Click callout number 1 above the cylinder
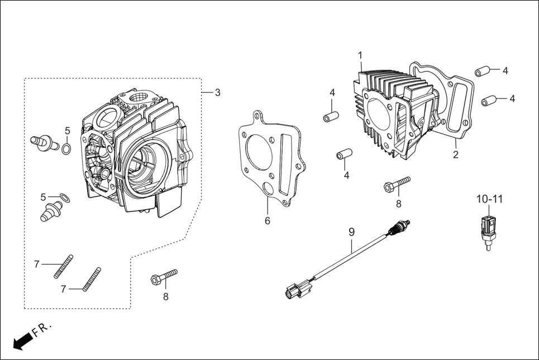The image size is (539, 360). pos(360,55)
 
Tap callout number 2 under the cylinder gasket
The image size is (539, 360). pos(456,155)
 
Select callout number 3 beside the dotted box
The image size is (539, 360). pos(217,93)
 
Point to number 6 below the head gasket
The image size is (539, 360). pos(268,221)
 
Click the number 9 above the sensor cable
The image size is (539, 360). pos(352,231)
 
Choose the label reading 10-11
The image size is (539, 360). pos(489,198)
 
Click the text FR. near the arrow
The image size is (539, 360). pos(42,329)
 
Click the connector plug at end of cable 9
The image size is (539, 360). pos(295,290)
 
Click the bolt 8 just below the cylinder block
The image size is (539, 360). pos(397,184)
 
